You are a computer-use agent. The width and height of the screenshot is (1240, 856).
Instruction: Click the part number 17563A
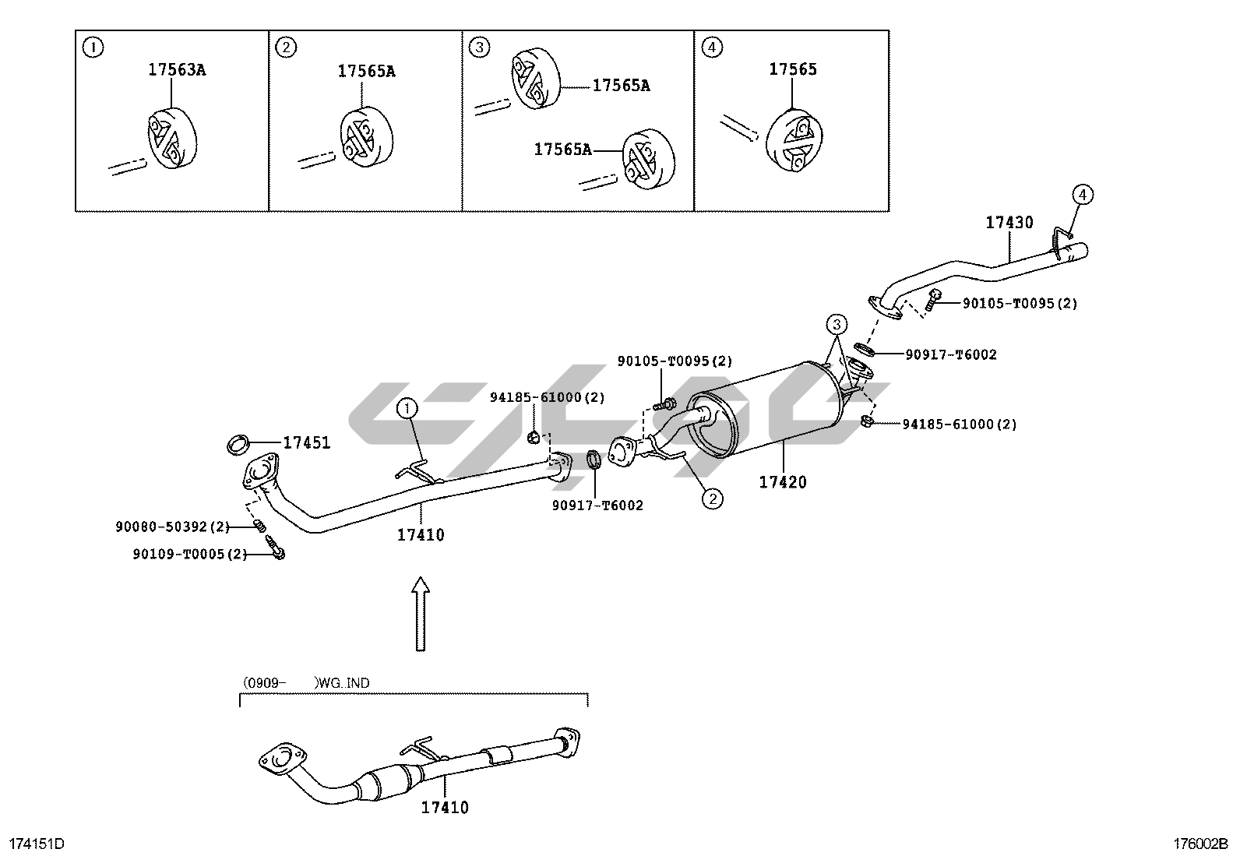177,70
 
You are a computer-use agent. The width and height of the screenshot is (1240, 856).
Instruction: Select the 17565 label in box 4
793,69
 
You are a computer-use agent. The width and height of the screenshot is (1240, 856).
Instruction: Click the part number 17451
306,443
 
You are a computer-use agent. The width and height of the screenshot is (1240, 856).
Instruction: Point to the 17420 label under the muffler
783,482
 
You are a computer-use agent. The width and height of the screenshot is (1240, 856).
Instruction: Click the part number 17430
1009,223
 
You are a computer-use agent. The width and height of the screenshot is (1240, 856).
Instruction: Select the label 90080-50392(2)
172,527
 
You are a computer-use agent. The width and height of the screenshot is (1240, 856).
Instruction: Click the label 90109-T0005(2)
189,555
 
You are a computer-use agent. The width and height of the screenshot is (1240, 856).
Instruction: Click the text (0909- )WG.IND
306,683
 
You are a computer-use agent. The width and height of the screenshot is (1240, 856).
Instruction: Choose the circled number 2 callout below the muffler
712,497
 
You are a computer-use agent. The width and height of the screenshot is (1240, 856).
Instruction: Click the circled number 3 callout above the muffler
836,323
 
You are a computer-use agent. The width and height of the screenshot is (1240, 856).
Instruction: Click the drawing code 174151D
36,844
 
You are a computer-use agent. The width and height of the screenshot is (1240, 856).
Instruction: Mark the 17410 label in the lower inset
445,808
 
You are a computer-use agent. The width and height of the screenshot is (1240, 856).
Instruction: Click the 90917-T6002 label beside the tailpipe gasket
950,355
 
